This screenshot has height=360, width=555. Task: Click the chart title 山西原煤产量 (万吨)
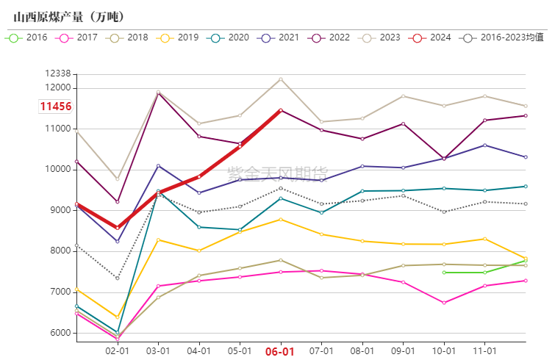click(x=70, y=16)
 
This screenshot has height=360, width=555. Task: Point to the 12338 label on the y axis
click(x=57, y=73)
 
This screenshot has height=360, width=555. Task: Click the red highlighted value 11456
click(x=55, y=107)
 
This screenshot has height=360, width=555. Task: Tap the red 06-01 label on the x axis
click(x=280, y=352)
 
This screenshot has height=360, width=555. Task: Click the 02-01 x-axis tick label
click(x=117, y=351)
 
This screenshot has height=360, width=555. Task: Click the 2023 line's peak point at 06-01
click(x=280, y=79)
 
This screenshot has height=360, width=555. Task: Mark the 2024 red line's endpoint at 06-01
click(x=280, y=110)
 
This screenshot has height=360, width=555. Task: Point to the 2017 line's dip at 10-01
click(x=444, y=303)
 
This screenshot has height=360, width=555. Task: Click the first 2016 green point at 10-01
click(x=444, y=273)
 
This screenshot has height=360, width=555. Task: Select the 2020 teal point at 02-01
click(x=117, y=333)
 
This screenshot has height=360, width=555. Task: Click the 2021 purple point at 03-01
click(x=158, y=166)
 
